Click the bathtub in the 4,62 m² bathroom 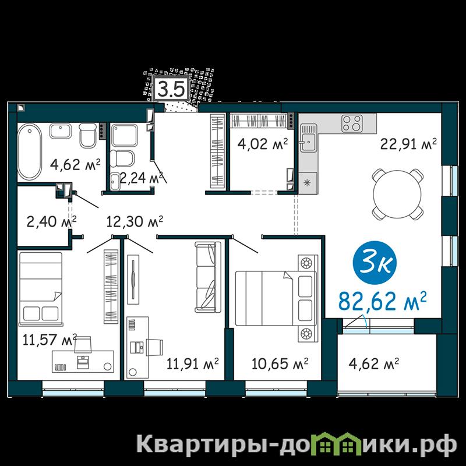pyautogui.click(x=29, y=151)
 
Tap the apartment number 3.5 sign pyautogui.click(x=171, y=89)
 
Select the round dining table pyautogui.click(x=397, y=194)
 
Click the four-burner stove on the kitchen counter pyautogui.click(x=352, y=123)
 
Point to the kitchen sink pyautogui.click(x=308, y=139)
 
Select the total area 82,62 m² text pyautogui.click(x=383, y=300)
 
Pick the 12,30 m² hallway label pyautogui.click(x=135, y=221)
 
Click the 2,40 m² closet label pyautogui.click(x=51, y=221)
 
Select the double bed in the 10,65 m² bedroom pyautogui.click(x=275, y=298)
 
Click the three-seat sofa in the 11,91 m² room pyautogui.click(x=208, y=277)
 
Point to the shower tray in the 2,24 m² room pyautogui.click(x=124, y=135)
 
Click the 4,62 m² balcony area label pyautogui.click(x=374, y=363)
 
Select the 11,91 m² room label pyautogui.click(x=193, y=363)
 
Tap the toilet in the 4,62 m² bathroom pyautogui.click(x=89, y=135)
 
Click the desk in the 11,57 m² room pyautogui.click(x=83, y=361)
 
